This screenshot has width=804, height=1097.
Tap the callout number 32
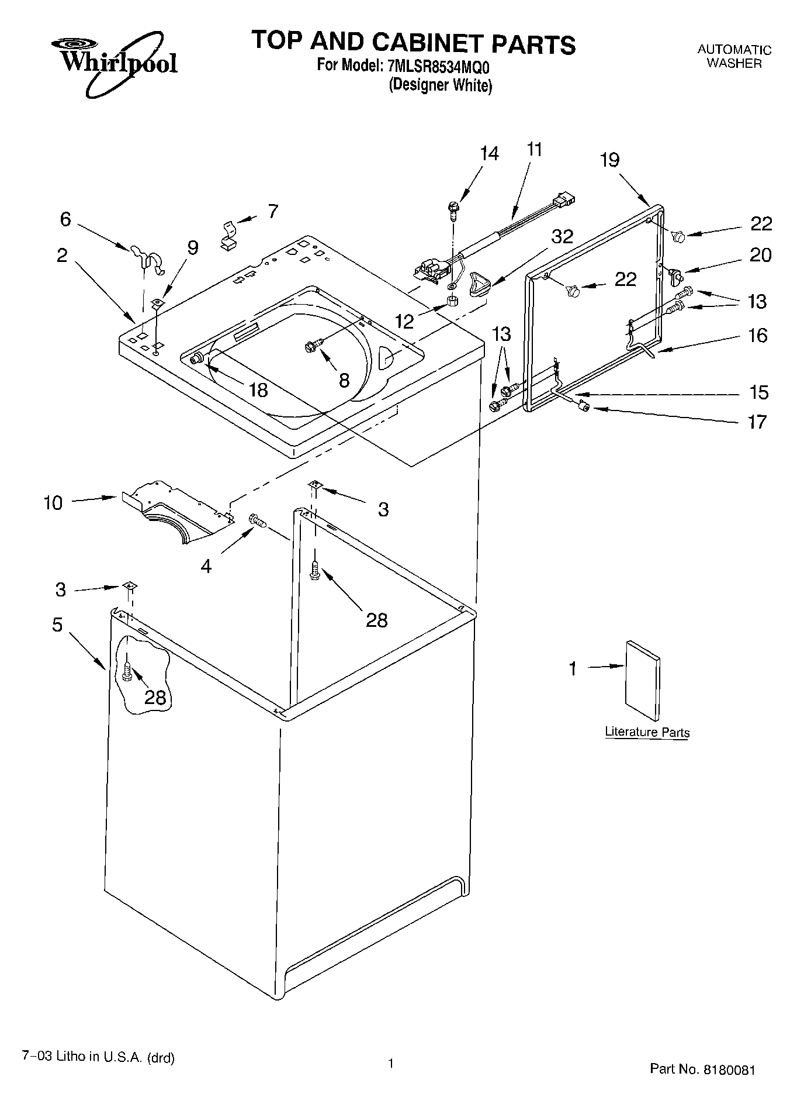(562, 237)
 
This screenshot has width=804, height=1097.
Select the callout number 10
(53, 503)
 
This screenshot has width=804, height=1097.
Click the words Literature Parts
(647, 732)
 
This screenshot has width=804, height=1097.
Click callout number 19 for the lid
(609, 160)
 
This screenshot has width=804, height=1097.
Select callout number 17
(757, 422)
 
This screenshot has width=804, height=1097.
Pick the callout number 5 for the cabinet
(57, 625)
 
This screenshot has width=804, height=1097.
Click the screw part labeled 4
(257, 520)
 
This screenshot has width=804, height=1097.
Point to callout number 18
(258, 390)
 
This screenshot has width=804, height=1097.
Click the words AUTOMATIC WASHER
(734, 57)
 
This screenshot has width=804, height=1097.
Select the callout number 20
(760, 256)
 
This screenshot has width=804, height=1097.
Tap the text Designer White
(441, 86)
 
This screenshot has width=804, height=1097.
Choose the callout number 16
(757, 336)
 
